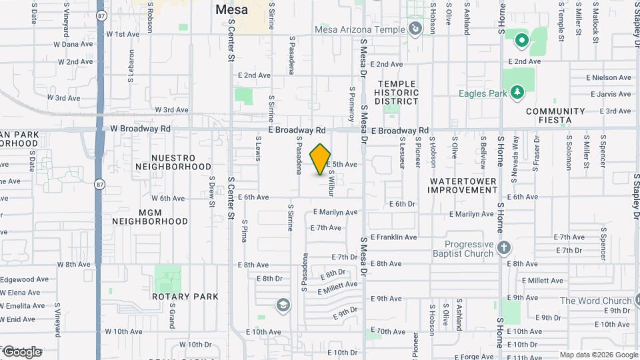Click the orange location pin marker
pos(321,159)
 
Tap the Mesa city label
pos(231,10)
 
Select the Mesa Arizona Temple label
pos(361,30)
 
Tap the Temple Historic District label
pos(397,93)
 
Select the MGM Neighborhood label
pos(150,217)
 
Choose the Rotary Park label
pos(176,296)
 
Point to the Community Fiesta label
pos(556,116)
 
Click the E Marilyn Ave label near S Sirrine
pos(335,213)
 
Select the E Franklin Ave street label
pos(394,237)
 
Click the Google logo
pos(23,351)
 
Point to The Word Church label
pos(595,301)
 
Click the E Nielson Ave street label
pos(609,78)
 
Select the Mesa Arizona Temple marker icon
pos(415,29)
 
